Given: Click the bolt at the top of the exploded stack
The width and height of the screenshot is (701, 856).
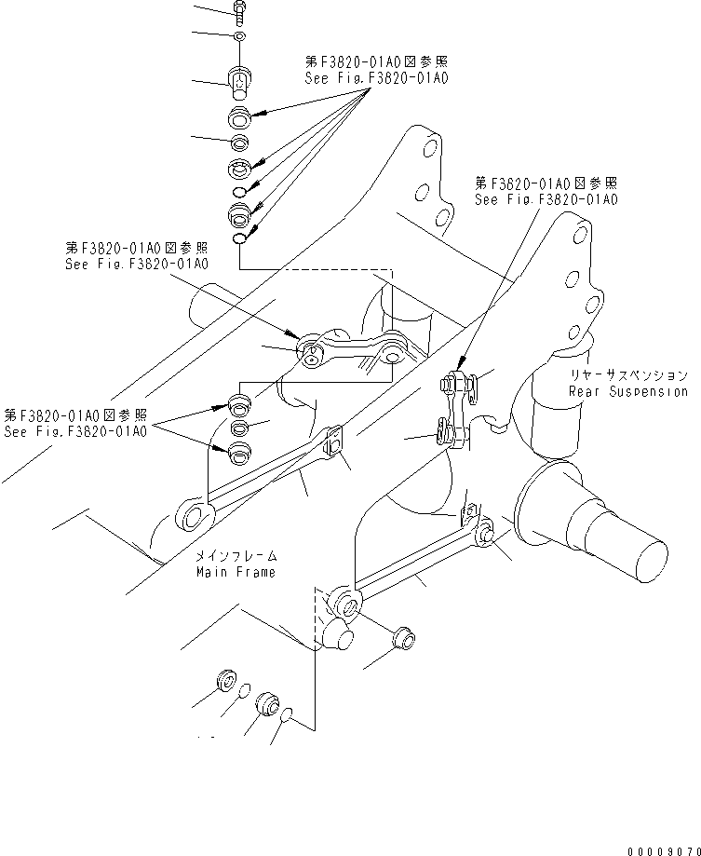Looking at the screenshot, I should [238, 10].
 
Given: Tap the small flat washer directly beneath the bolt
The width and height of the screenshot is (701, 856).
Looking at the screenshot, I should [239, 35].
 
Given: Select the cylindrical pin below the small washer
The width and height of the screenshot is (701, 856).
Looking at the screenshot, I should [239, 81].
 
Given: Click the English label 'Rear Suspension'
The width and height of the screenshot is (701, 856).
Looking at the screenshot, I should [627, 391].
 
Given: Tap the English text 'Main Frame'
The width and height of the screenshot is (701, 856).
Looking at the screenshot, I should [236, 572].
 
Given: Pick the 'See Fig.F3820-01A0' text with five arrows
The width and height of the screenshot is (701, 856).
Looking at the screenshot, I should [376, 79].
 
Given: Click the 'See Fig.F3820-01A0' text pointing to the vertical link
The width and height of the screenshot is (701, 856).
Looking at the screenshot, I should [546, 200].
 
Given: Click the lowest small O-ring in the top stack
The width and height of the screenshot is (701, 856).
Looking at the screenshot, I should [239, 238].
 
